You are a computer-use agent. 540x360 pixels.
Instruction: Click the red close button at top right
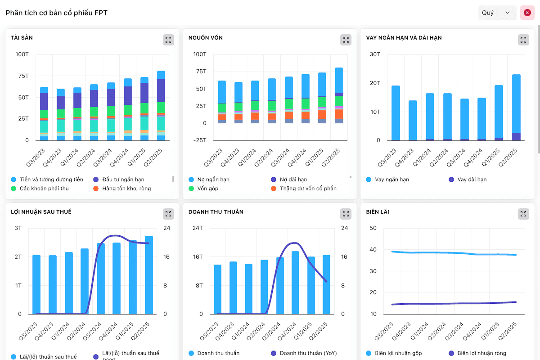pyautogui.click(x=527, y=13)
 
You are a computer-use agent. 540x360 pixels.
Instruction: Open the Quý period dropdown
pyautogui.click(x=497, y=13)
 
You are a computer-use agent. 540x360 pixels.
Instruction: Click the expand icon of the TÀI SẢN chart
pyautogui.click(x=168, y=40)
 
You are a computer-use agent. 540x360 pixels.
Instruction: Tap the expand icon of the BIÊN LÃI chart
pyautogui.click(x=523, y=214)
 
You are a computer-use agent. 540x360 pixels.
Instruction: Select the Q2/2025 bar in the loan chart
pyautogui.click(x=516, y=107)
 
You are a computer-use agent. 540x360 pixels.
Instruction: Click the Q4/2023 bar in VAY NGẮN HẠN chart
pyautogui.click(x=413, y=121)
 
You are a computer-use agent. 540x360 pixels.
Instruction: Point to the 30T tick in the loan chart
pyautogui.click(x=375, y=54)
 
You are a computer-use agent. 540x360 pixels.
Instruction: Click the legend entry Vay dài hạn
pyautogui.click(x=468, y=180)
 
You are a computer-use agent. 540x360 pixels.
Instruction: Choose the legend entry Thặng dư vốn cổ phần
pyautogui.click(x=304, y=188)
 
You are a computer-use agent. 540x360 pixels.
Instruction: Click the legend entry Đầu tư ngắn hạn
pyautogui.click(x=119, y=180)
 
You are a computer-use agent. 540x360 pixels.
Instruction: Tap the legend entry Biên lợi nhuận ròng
pyautogui.click(x=477, y=353)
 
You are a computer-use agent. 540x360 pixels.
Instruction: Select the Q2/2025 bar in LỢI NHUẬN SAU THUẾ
pyautogui.click(x=149, y=275)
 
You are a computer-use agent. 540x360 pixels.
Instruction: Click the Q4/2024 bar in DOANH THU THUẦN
pyautogui.click(x=295, y=283)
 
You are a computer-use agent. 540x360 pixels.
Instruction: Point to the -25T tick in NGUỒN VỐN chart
pyautogui.click(x=200, y=140)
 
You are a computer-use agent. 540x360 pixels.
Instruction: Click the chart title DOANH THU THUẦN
pyautogui.click(x=216, y=211)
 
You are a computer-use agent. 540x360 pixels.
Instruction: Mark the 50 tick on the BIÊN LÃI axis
pyautogui.click(x=373, y=228)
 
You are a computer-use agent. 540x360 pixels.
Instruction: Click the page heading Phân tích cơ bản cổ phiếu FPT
pyautogui.click(x=56, y=13)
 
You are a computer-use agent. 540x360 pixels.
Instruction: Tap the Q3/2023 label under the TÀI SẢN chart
pyautogui.click(x=36, y=157)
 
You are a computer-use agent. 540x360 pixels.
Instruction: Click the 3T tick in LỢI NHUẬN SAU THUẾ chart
pyautogui.click(x=18, y=228)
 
